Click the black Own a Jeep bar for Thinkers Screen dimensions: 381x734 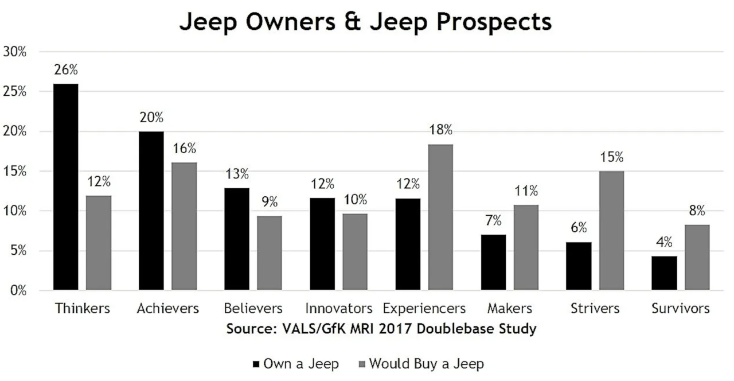66,186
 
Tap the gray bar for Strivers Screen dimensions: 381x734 611,230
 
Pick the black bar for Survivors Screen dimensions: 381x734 665,273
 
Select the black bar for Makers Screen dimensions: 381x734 494,262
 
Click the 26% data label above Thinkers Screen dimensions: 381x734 66,70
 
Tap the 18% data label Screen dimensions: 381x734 440,130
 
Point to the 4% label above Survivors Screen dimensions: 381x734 665,243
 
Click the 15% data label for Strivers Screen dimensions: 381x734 611,157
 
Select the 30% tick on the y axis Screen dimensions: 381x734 15,52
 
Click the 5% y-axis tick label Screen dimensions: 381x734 18,251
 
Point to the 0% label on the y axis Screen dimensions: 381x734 18,290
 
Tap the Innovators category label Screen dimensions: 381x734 338,309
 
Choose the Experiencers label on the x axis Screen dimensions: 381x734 424,309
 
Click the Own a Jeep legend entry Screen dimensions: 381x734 295,364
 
